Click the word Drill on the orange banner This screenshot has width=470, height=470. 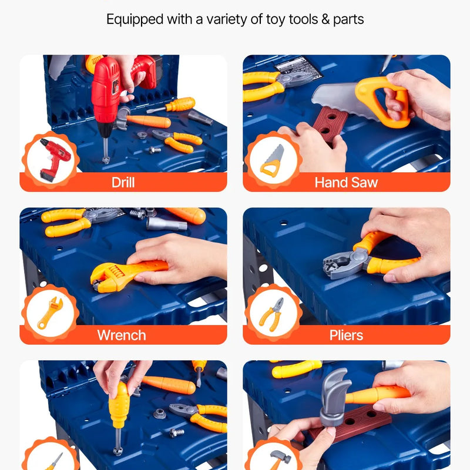[123, 182]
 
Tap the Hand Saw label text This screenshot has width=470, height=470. [346, 182]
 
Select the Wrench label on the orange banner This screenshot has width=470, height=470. [122, 335]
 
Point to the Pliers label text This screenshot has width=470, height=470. [346, 335]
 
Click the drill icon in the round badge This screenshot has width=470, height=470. [54, 159]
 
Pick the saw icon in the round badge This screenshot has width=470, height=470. [272, 160]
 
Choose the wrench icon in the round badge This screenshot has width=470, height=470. [50, 313]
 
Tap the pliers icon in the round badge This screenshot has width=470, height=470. [272, 314]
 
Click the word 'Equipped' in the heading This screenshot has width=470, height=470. [135, 20]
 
